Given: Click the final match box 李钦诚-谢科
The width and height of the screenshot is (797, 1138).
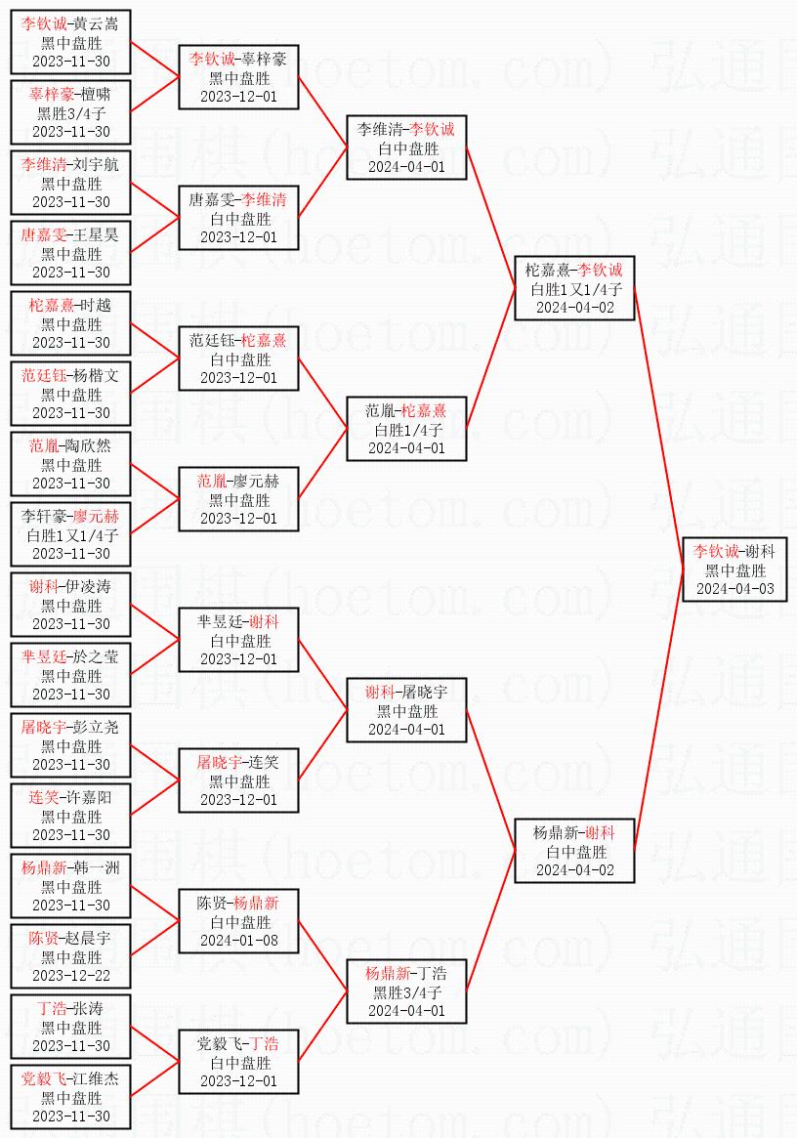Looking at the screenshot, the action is coord(734,569).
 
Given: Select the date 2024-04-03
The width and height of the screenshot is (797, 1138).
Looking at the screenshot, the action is coord(734,589).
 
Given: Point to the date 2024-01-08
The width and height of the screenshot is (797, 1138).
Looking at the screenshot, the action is coord(239,940).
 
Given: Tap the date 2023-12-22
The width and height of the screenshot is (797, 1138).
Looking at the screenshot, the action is coord(71,976).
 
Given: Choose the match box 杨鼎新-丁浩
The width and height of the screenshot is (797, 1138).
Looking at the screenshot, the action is coord(406,991).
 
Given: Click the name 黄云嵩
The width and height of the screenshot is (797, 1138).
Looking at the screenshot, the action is coord(96,24).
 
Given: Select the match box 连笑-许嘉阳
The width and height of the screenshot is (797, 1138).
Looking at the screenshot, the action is coord(70,816).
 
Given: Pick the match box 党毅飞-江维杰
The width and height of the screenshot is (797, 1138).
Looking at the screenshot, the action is coord(70,1097).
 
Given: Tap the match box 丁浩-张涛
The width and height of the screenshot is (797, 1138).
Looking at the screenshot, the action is coord(70,1027).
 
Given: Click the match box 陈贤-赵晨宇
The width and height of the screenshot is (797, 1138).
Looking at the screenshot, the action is coord(70,956).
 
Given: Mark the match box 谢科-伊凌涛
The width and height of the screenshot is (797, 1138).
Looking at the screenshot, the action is coord(70,605).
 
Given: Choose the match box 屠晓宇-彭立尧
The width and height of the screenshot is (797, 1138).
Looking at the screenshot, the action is coord(70,745).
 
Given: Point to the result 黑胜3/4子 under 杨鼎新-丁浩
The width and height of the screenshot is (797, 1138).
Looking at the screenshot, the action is coord(407,992).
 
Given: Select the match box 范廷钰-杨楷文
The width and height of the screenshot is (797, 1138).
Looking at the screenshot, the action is coord(70,394).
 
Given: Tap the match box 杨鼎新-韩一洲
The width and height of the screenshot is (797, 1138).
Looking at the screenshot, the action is coord(70,886).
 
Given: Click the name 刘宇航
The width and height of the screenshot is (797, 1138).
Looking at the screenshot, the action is coord(96,165).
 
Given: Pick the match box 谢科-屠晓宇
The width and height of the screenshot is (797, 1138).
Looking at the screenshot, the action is coord(406,710).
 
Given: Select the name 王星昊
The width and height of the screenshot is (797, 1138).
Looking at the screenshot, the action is coord(96,235).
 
